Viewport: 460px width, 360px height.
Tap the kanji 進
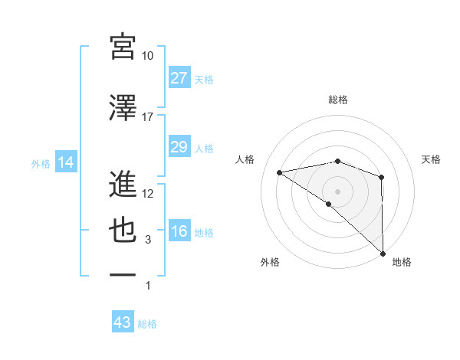click(123, 185)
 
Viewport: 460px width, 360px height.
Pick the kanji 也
click(123, 231)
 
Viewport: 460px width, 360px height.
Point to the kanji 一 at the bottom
click(123, 274)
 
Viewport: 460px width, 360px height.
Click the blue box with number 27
click(179, 78)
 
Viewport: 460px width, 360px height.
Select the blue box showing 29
click(179, 147)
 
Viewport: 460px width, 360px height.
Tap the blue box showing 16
click(179, 232)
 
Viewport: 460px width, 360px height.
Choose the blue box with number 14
click(65, 162)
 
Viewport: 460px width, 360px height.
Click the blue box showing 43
click(123, 323)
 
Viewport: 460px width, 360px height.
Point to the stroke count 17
click(148, 117)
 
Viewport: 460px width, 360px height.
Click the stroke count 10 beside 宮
click(148, 56)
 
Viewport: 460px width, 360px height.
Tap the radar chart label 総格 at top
click(338, 100)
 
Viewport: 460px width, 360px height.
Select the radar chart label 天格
click(432, 159)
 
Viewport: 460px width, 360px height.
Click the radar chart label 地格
click(402, 262)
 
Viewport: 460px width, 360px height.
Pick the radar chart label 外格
click(270, 262)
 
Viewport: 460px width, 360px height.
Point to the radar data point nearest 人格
click(280, 172)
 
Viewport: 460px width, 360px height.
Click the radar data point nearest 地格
click(382, 253)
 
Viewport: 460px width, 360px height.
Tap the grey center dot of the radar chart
click(337, 190)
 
